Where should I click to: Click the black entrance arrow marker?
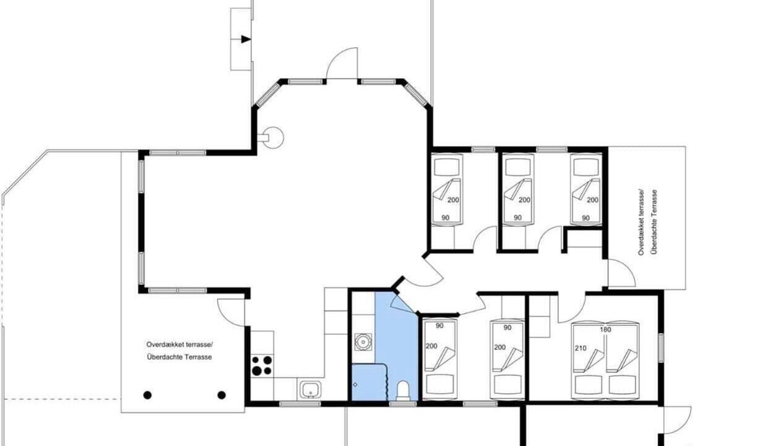(x=246, y=39)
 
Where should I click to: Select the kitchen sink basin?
(x=311, y=390)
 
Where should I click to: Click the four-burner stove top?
(x=262, y=365)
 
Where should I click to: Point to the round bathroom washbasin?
(x=363, y=342)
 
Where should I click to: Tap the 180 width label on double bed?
(x=605, y=330)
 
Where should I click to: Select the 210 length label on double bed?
(x=580, y=348)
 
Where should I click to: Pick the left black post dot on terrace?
(x=147, y=395)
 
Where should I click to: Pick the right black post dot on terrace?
(x=222, y=395)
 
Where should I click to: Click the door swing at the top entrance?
(x=342, y=63)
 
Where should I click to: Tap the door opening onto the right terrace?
(x=621, y=273)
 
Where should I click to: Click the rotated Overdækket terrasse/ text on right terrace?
(x=641, y=222)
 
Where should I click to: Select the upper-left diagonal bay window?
(x=268, y=94)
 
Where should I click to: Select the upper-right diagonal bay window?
(x=416, y=94)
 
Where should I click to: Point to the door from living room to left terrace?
(x=231, y=312)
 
